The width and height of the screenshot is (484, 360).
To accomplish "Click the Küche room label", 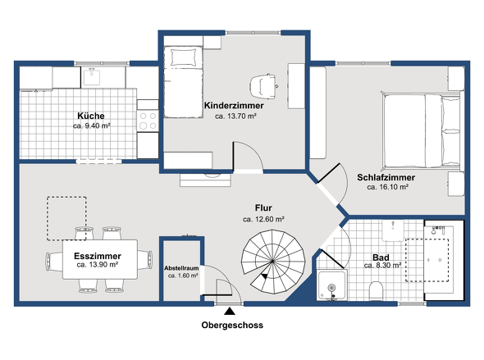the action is click(91, 116).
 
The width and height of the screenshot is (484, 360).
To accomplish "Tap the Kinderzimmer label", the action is click(234, 106).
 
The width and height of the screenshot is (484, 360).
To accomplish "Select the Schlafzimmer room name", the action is click(386, 177).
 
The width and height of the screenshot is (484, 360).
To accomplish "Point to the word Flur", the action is click(263, 208).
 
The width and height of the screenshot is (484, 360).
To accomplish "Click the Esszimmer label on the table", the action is click(98, 256).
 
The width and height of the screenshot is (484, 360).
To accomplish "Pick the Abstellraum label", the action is click(181, 268).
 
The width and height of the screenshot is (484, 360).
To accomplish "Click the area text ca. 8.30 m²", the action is click(382, 266).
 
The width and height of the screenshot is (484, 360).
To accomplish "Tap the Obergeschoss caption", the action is click(232, 325).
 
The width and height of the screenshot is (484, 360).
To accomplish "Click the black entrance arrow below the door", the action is click(230, 312).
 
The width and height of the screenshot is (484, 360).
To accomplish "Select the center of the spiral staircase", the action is click(272, 262).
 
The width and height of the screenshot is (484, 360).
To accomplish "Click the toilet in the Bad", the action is click(376, 290).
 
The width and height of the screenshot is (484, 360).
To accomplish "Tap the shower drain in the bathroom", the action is click(331, 287).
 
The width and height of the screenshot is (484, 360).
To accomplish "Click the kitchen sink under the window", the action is click(92, 77).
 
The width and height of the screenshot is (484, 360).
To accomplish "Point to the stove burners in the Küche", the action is click(148, 121).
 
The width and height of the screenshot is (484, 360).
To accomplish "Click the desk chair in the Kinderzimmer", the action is click(264, 86).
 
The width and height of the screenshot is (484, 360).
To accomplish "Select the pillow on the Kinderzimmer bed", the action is click(184, 57).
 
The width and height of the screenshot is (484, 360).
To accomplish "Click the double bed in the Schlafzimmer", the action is click(422, 131).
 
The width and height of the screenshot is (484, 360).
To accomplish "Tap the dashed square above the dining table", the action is click(66, 218).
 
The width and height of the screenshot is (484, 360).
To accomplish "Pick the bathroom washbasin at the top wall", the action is click(393, 230).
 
